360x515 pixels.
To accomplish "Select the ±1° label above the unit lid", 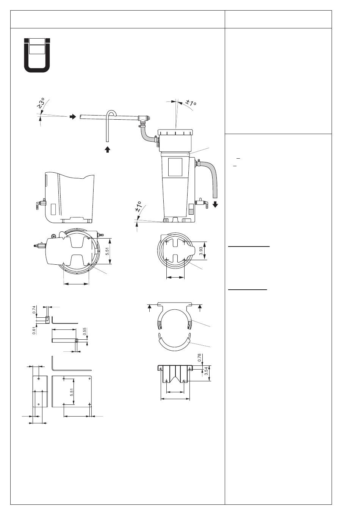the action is tap(191, 103).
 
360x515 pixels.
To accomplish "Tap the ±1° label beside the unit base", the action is tap(138, 206).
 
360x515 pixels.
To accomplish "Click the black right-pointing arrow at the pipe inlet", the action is tap(73, 117).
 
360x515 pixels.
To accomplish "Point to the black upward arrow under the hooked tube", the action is tap(107, 150).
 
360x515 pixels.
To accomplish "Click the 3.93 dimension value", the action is tap(201, 251).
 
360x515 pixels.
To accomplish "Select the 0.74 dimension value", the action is tap(34, 309).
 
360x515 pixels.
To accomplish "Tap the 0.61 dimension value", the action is tap(34, 330).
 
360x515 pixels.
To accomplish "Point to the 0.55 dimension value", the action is tap(85, 331).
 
